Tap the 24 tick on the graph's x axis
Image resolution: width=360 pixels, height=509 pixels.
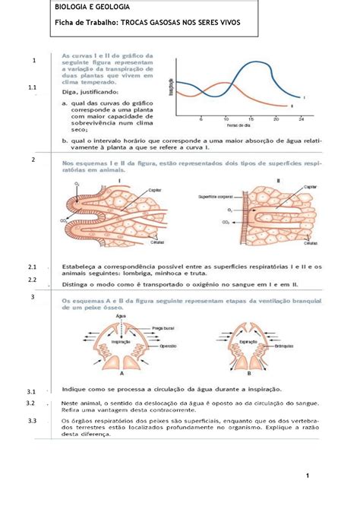point(302,119)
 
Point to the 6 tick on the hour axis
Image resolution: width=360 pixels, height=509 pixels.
point(201,119)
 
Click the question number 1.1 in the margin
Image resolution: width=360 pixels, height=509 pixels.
point(32,89)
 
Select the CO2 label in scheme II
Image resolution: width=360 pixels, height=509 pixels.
point(224,223)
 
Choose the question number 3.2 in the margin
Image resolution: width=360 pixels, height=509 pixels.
point(32,403)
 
